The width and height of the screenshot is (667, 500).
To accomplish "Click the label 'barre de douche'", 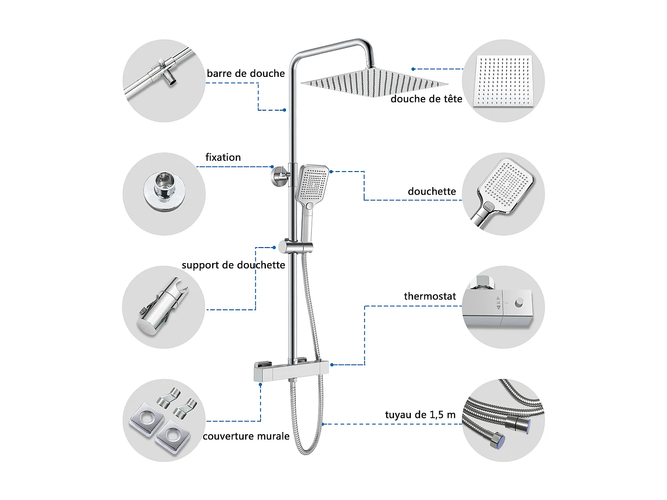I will point(245,73).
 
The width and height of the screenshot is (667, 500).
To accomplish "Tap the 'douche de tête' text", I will point(426,99).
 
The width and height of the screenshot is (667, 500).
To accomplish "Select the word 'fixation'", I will point(223,157).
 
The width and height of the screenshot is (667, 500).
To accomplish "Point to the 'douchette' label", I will point(432,192).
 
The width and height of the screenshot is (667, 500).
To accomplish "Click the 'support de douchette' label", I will point(233,265).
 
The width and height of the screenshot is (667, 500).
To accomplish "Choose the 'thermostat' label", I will point(430,296).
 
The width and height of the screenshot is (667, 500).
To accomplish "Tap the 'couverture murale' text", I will point(246,436).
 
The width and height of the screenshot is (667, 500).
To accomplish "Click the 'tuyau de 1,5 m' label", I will point(420,415).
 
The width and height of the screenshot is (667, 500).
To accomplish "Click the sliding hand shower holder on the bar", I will point(295,247).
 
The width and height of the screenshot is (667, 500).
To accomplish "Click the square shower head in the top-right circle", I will point(503,81).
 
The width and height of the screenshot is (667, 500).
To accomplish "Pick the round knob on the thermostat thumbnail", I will point(519,304).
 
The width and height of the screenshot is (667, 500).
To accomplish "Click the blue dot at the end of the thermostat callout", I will point(332,365).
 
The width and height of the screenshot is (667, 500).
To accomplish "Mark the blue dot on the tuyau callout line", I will point(323,424).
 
